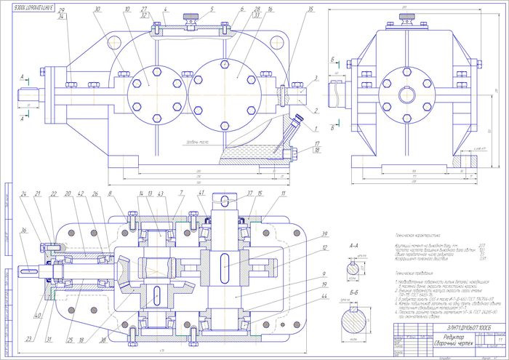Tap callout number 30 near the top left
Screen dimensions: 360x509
coord(97,9)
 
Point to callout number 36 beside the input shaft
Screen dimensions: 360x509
coord(25,231)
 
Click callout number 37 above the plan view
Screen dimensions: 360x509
coord(250,193)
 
